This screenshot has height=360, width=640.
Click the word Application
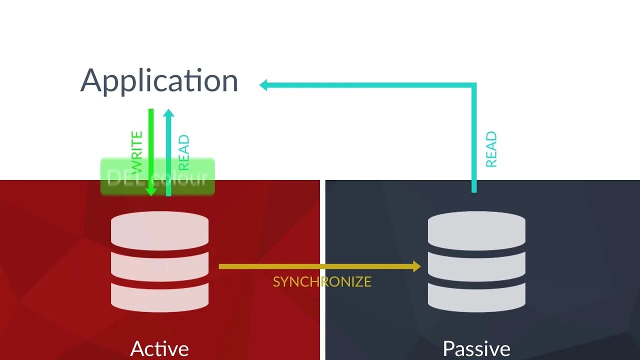(159, 81)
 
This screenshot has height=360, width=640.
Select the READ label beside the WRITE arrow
(183, 152)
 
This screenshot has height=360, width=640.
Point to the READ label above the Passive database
(491, 149)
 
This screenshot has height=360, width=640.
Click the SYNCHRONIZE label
(322, 281)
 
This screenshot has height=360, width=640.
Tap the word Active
(159, 348)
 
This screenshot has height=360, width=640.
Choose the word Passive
(476, 348)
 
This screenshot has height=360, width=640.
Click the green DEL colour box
(157, 177)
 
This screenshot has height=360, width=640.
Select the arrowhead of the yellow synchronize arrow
(416, 266)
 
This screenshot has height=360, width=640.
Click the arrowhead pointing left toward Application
(264, 85)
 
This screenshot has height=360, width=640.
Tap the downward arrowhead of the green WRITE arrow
(151, 191)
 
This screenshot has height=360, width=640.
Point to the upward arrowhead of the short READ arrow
(168, 113)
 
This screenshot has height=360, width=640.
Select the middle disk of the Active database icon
(159, 265)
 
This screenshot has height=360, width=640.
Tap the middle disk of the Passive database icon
(476, 265)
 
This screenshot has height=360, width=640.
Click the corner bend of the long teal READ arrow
(473, 86)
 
